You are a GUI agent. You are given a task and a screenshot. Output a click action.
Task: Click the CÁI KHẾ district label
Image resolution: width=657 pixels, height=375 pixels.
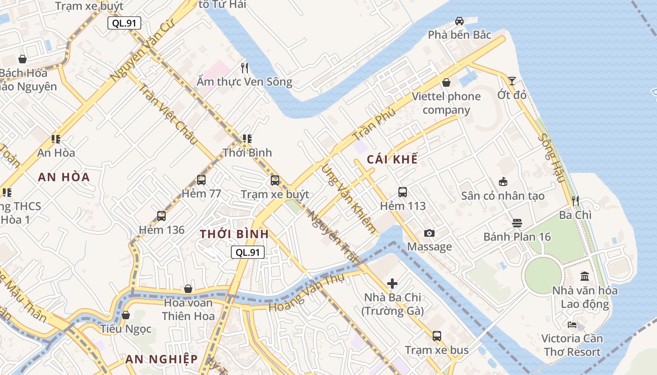click(392, 159)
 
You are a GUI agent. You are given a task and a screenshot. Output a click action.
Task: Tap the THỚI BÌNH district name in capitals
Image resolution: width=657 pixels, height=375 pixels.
click(234, 234)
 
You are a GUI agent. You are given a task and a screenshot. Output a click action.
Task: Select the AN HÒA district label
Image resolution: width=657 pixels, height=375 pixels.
click(64, 177)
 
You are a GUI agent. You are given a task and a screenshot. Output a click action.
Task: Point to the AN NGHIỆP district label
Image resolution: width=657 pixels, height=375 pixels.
click(161, 360)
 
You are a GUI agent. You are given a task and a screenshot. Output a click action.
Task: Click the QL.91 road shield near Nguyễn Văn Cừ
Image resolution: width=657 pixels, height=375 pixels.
click(124, 23)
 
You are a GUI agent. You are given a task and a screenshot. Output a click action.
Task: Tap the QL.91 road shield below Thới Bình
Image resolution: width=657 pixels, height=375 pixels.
click(248, 252)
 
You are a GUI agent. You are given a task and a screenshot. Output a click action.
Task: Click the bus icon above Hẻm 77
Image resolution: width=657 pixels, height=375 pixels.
click(201, 180)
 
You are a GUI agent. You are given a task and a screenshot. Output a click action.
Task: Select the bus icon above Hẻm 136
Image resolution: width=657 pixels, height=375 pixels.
click(161, 216)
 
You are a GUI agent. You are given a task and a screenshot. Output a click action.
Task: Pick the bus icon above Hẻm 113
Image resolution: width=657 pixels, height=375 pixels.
click(403, 192)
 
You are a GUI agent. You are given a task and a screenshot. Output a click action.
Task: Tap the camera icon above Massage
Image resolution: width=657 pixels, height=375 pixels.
click(429, 233)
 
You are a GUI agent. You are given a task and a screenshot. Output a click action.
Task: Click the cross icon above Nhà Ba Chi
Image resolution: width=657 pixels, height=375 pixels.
click(392, 283)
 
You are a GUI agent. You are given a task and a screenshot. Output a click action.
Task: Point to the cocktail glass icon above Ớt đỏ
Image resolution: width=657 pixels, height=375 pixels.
click(512, 81)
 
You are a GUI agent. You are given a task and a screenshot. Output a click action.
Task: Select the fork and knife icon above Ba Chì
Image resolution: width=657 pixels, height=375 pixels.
click(575, 201)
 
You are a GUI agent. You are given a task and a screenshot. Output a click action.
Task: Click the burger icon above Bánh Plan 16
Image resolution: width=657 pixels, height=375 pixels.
click(517, 223)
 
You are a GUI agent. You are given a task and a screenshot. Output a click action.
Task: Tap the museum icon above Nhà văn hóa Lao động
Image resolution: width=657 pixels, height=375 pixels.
click(585, 277)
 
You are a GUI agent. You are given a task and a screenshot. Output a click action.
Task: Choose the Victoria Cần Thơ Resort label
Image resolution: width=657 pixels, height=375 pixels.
click(571, 345)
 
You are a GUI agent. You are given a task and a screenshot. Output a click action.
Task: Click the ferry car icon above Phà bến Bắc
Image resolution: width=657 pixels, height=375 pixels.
click(459, 21)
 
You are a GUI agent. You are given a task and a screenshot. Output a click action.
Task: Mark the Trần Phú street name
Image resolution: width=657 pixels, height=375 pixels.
click(374, 125)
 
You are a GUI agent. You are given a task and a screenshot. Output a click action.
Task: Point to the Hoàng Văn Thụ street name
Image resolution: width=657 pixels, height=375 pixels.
click(306, 292)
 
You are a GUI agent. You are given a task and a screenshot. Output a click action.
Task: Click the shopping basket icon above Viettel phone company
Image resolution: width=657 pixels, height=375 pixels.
click(446, 82)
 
